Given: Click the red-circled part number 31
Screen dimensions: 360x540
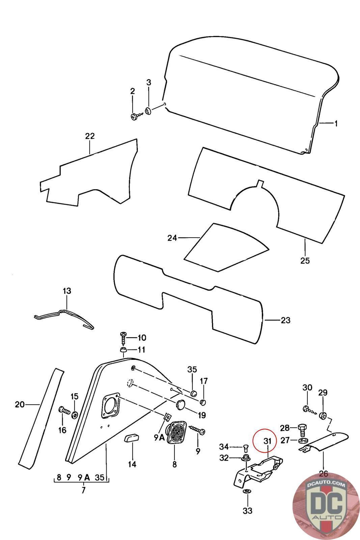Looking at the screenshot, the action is point(267,441).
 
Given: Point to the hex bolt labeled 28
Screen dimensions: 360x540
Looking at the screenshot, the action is point(302,429).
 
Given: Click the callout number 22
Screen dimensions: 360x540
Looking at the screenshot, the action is point(90,136).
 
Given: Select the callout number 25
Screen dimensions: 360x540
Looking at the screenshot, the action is point(305,261).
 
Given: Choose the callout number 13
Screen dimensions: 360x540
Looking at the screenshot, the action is point(67,291).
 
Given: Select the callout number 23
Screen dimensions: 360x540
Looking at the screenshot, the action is point(285,320).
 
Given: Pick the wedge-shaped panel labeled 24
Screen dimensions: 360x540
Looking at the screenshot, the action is point(226,248).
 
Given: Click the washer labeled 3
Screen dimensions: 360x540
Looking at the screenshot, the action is point(148,111).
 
